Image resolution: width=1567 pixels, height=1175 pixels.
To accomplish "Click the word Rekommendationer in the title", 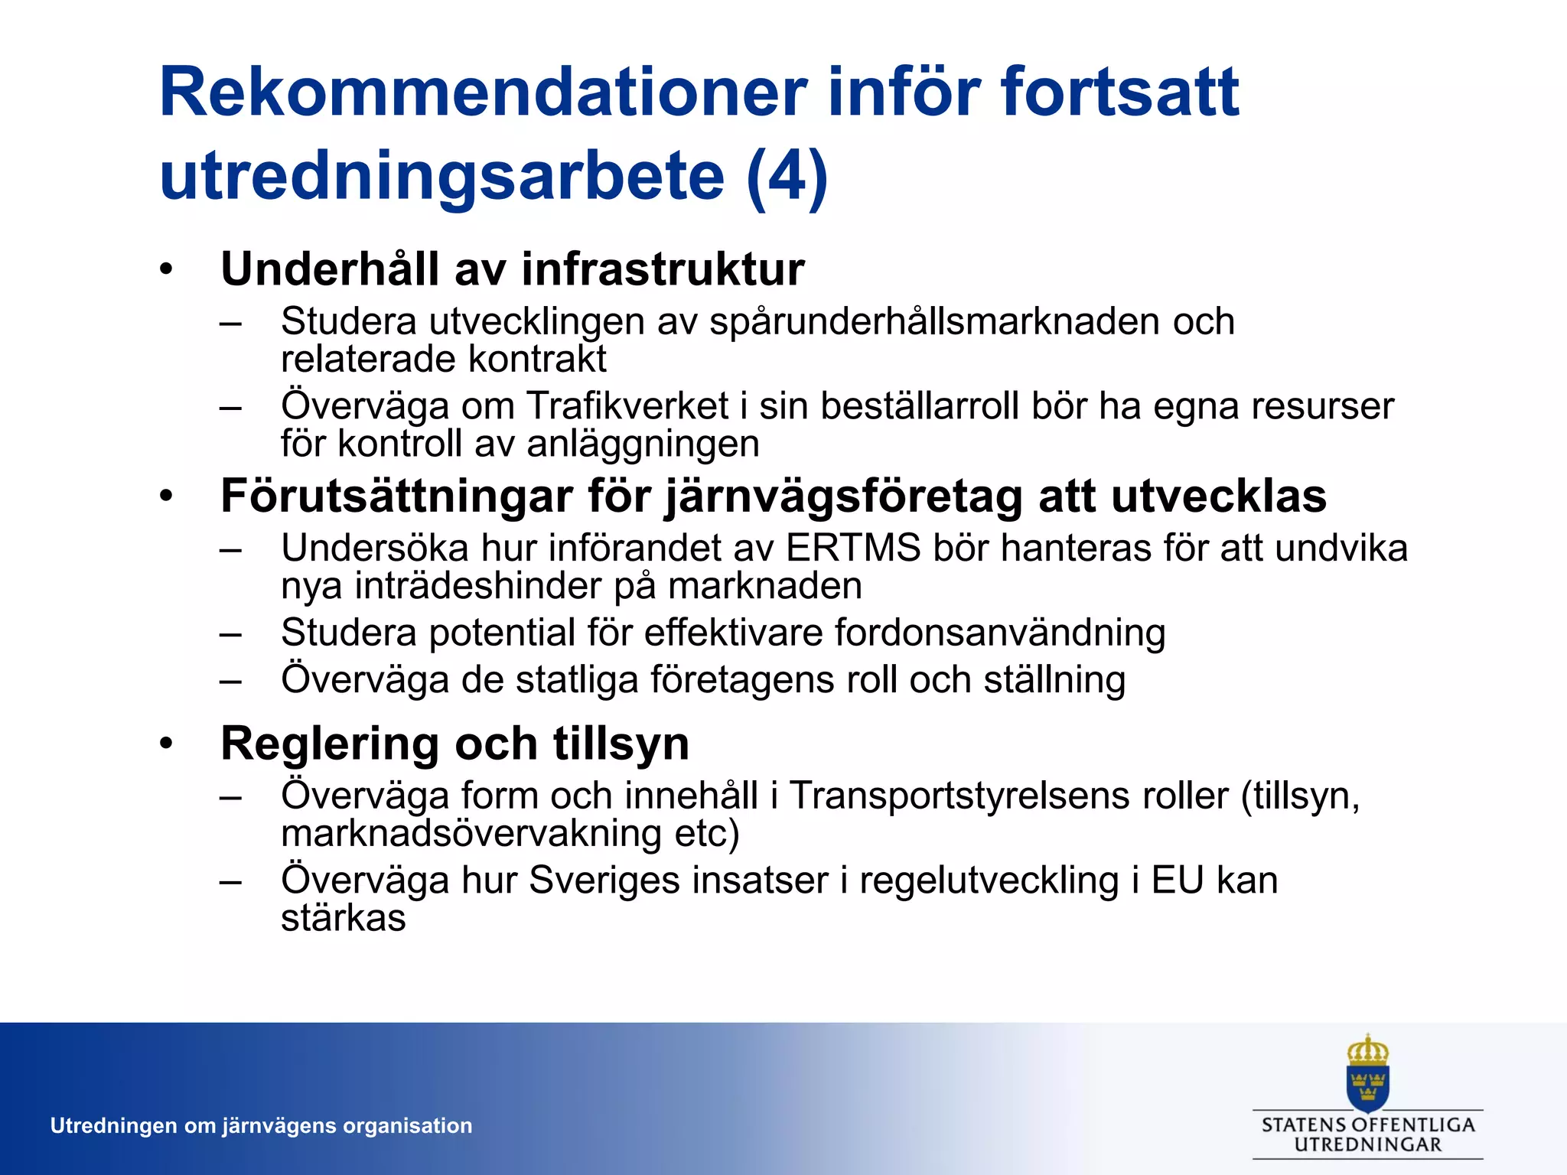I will [483, 93].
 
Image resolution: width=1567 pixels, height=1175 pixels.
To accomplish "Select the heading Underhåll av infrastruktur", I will [513, 269].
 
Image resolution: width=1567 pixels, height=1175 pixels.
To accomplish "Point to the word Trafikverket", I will [627, 405].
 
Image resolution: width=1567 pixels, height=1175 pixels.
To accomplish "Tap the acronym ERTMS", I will [853, 548].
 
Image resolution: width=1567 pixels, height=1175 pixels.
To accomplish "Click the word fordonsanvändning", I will [999, 633].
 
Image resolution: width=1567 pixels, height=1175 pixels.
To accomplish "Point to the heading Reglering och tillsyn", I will [455, 744].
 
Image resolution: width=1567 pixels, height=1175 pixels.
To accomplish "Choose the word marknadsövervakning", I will [471, 833].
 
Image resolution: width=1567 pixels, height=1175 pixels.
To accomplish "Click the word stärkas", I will [343, 918].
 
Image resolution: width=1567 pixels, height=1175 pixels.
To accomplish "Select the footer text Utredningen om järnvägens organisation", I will [261, 1126].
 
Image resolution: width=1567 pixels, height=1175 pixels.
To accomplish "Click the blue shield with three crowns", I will [1368, 1086].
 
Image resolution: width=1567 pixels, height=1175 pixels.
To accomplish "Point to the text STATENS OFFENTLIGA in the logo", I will [1368, 1125].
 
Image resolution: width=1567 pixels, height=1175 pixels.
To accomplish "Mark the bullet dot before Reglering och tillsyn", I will [167, 744].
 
